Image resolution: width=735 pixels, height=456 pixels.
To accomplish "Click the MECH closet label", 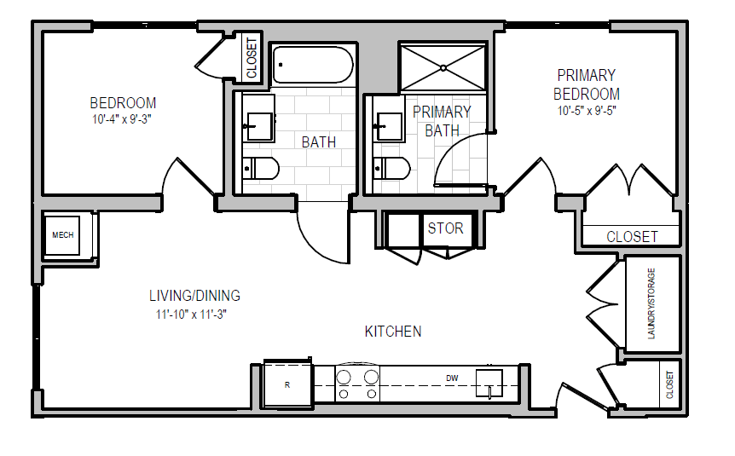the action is pyautogui.click(x=63, y=235).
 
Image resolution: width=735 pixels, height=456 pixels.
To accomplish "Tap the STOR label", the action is pyautogui.click(x=445, y=228).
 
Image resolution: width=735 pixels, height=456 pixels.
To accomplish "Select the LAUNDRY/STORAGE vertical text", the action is pyautogui.click(x=652, y=304).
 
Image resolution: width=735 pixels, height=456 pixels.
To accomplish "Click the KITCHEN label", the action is pyautogui.click(x=393, y=332).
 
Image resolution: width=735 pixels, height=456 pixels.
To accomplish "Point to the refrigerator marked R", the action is pyautogui.click(x=287, y=385).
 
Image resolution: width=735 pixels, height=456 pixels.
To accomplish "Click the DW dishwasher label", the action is pyautogui.click(x=452, y=378).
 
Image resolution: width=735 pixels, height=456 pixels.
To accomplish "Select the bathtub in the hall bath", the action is pyautogui.click(x=312, y=65).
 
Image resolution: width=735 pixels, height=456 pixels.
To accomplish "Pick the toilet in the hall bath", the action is pyautogui.click(x=261, y=169).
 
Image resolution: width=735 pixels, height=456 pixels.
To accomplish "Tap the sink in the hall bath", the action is pyautogui.click(x=258, y=126).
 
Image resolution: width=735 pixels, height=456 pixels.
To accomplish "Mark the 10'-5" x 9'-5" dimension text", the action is pyautogui.click(x=587, y=111).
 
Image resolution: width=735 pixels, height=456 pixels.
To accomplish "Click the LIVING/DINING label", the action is pyautogui.click(x=194, y=297).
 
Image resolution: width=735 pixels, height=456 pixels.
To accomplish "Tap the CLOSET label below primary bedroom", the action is pyautogui.click(x=632, y=236).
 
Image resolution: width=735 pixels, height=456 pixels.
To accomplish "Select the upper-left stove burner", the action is pyautogui.click(x=345, y=377).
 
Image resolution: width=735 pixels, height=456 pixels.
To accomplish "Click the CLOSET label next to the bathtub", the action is pyautogui.click(x=252, y=58).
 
